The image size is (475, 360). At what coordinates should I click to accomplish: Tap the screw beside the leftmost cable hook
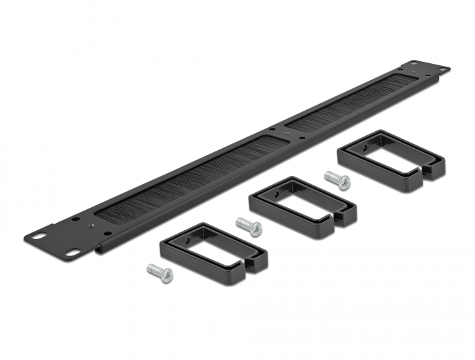pos(160,273)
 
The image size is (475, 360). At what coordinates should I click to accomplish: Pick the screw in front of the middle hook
pos(248,226)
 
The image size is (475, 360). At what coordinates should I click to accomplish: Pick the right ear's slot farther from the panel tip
pos(412,65)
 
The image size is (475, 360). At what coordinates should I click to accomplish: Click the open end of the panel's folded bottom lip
pos(100,249)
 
